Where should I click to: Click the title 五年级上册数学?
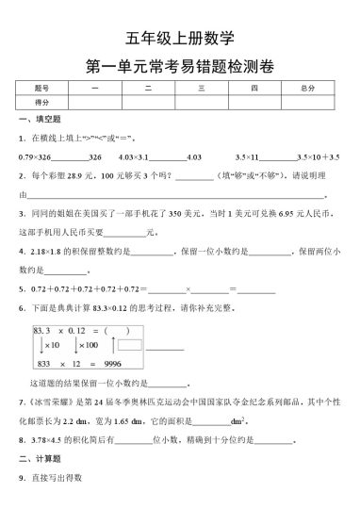179,39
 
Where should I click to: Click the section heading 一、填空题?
39,120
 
